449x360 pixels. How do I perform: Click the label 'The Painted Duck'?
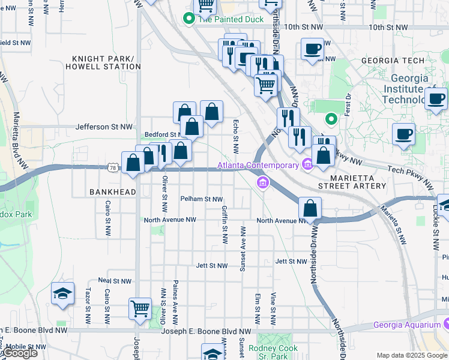[x=223, y=19]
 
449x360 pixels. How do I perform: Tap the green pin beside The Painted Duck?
[x=189, y=19]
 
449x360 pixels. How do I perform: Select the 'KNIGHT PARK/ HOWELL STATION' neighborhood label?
[x=102, y=62]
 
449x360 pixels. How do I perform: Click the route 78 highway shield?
[x=113, y=169]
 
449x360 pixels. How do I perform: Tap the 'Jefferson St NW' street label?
[x=103, y=127]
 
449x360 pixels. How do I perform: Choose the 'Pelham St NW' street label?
[x=201, y=199]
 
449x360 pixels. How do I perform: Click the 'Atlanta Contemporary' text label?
[x=258, y=165]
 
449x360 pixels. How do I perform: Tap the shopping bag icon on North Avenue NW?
[x=310, y=209]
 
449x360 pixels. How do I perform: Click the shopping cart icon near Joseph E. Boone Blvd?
[x=140, y=308]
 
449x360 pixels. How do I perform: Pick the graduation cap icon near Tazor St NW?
[x=63, y=293]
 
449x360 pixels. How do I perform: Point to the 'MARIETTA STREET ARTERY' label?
[x=358, y=182]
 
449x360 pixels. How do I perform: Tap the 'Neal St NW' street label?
[x=114, y=280]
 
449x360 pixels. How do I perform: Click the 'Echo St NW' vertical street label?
[x=236, y=136]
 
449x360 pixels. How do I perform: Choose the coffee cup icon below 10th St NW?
[x=312, y=49]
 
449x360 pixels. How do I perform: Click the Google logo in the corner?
[x=20, y=353]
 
